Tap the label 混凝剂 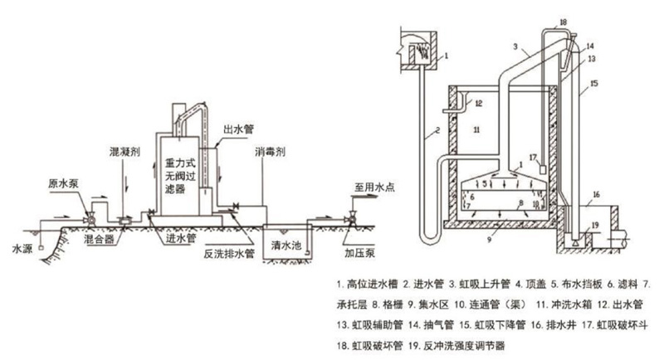click(124, 153)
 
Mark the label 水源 click(20, 248)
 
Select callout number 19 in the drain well click(594, 225)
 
